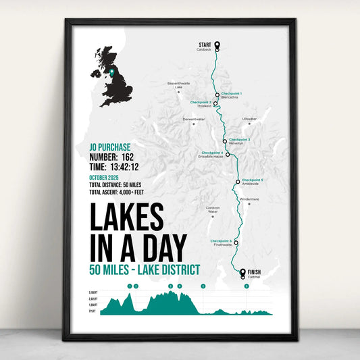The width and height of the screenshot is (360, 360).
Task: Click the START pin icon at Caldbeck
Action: point(217,46)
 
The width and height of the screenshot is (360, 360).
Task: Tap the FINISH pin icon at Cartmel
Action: point(243,272)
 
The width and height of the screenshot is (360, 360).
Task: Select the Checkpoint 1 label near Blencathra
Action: point(231,93)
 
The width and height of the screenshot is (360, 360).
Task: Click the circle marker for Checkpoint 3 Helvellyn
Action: point(224,142)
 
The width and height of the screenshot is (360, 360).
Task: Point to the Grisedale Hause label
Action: point(211,157)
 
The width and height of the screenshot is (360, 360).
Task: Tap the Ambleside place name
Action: point(251,184)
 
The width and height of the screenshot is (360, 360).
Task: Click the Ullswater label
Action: point(250,119)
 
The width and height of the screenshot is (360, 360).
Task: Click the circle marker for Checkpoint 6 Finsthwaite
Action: point(236,242)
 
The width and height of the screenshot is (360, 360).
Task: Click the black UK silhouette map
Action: point(111,72)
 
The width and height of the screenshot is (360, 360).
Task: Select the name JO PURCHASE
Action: point(109,147)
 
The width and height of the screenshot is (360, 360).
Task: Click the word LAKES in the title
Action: point(126,217)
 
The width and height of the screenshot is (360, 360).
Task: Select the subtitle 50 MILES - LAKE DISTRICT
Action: point(144,270)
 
